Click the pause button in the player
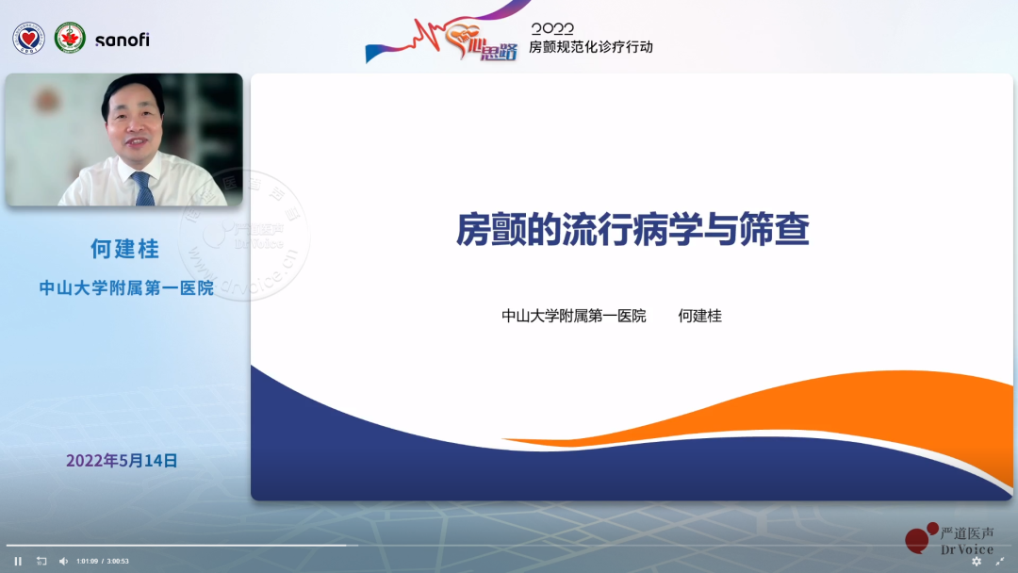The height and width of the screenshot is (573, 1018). pyautogui.click(x=18, y=561)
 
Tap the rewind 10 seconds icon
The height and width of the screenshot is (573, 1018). pyautogui.click(x=41, y=561)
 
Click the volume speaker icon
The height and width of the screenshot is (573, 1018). pyautogui.click(x=64, y=561)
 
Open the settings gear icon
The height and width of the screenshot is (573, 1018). pyautogui.click(x=977, y=561)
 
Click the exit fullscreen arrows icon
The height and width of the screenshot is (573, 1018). pyautogui.click(x=999, y=561)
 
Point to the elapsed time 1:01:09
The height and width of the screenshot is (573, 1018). pyautogui.click(x=87, y=561)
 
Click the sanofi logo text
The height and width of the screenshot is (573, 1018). pyautogui.click(x=122, y=40)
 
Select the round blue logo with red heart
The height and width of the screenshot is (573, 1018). pyautogui.click(x=29, y=39)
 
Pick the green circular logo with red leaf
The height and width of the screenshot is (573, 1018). pyautogui.click(x=70, y=39)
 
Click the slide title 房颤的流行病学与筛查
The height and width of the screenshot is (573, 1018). pyautogui.click(x=632, y=229)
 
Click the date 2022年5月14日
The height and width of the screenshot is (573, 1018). pyautogui.click(x=122, y=461)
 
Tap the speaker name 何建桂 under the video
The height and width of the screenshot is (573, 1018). pyautogui.click(x=124, y=249)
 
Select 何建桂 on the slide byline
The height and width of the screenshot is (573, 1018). pyautogui.click(x=699, y=317)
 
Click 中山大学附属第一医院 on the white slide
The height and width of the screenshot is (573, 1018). pyautogui.click(x=573, y=317)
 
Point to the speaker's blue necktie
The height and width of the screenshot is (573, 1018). pyautogui.click(x=143, y=189)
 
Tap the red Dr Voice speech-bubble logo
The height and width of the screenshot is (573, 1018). pyautogui.click(x=918, y=537)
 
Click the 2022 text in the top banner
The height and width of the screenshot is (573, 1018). pyautogui.click(x=552, y=29)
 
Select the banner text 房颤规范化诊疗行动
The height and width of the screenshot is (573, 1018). pyautogui.click(x=590, y=47)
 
